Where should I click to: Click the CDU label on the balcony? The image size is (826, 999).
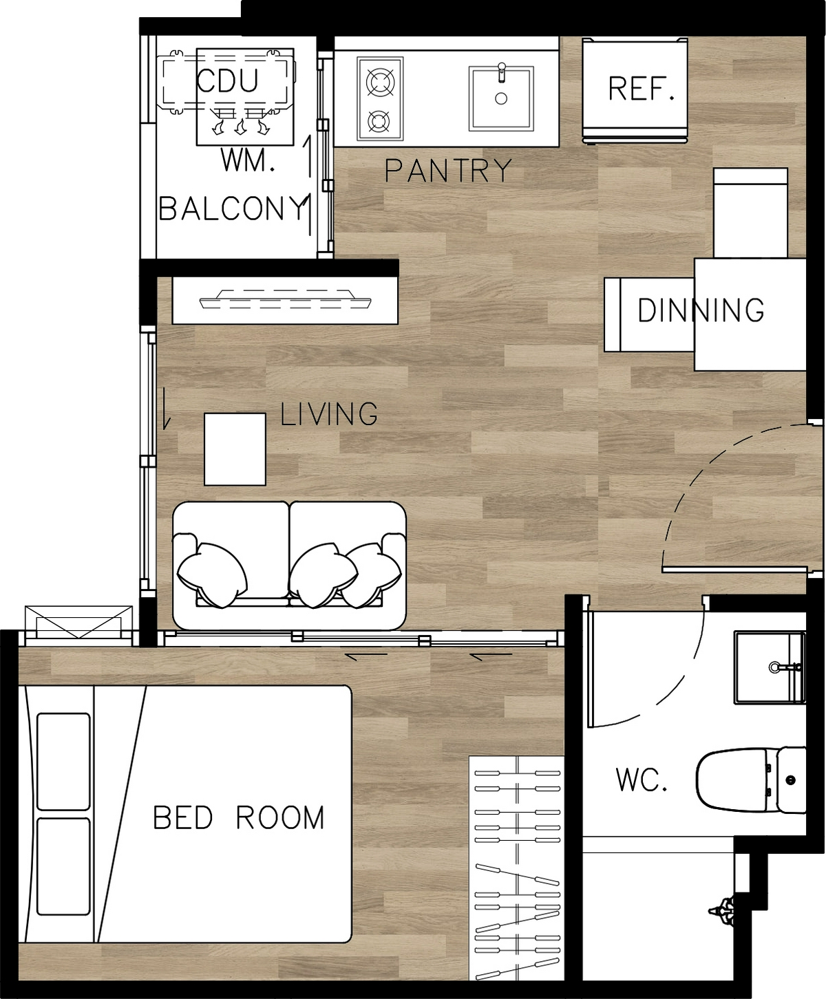click(x=227, y=81)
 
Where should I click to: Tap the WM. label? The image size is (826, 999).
click(x=248, y=161)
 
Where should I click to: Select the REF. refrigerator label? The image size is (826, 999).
click(x=642, y=89)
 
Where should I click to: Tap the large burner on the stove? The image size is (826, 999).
click(x=380, y=81)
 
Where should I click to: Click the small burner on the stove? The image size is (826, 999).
click(x=379, y=122)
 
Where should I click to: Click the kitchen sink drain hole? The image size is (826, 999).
click(x=501, y=98)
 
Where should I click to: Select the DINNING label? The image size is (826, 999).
click(x=701, y=310)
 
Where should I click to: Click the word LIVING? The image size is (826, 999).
click(x=329, y=414)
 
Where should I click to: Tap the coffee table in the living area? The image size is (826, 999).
click(x=235, y=449)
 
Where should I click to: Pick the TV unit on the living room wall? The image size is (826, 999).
click(x=285, y=301)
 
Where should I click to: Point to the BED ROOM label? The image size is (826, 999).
click(x=238, y=817)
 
